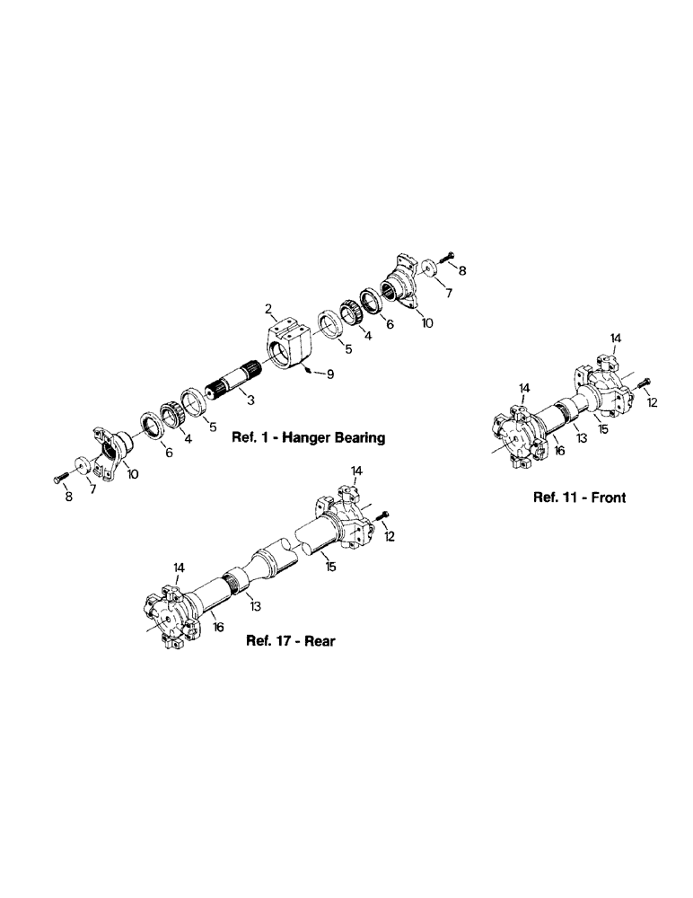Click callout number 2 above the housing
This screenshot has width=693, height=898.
[x=268, y=310]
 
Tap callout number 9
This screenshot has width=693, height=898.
[x=330, y=373]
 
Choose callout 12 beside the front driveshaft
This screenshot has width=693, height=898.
[x=653, y=402]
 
